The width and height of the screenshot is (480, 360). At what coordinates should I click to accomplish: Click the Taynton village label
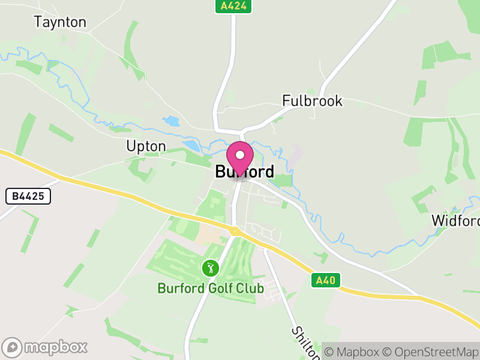coord(60,22)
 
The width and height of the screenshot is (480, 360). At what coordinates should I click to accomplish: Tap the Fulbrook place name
coord(312,101)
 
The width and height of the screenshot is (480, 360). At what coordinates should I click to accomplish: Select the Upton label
coord(146,146)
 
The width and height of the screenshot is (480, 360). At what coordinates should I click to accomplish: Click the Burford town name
coord(245,172)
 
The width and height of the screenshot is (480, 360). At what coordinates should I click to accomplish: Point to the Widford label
coord(455,220)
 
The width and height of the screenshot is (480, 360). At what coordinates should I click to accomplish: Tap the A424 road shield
coord(233,7)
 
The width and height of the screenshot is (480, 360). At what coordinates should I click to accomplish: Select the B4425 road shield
coord(28,196)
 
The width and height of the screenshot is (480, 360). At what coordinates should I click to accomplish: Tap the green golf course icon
coord(210,268)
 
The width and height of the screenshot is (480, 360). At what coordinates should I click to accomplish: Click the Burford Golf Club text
coord(211,289)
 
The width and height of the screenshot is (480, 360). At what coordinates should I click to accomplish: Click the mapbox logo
coord(46,347)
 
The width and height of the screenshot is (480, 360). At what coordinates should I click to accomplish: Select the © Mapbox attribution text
coord(352,352)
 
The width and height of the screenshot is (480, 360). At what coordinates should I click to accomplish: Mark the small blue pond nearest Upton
coord(191,146)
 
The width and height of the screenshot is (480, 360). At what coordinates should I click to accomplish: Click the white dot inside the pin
coord(241,155)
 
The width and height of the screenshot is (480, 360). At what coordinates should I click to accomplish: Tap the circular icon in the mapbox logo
coord(13,347)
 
